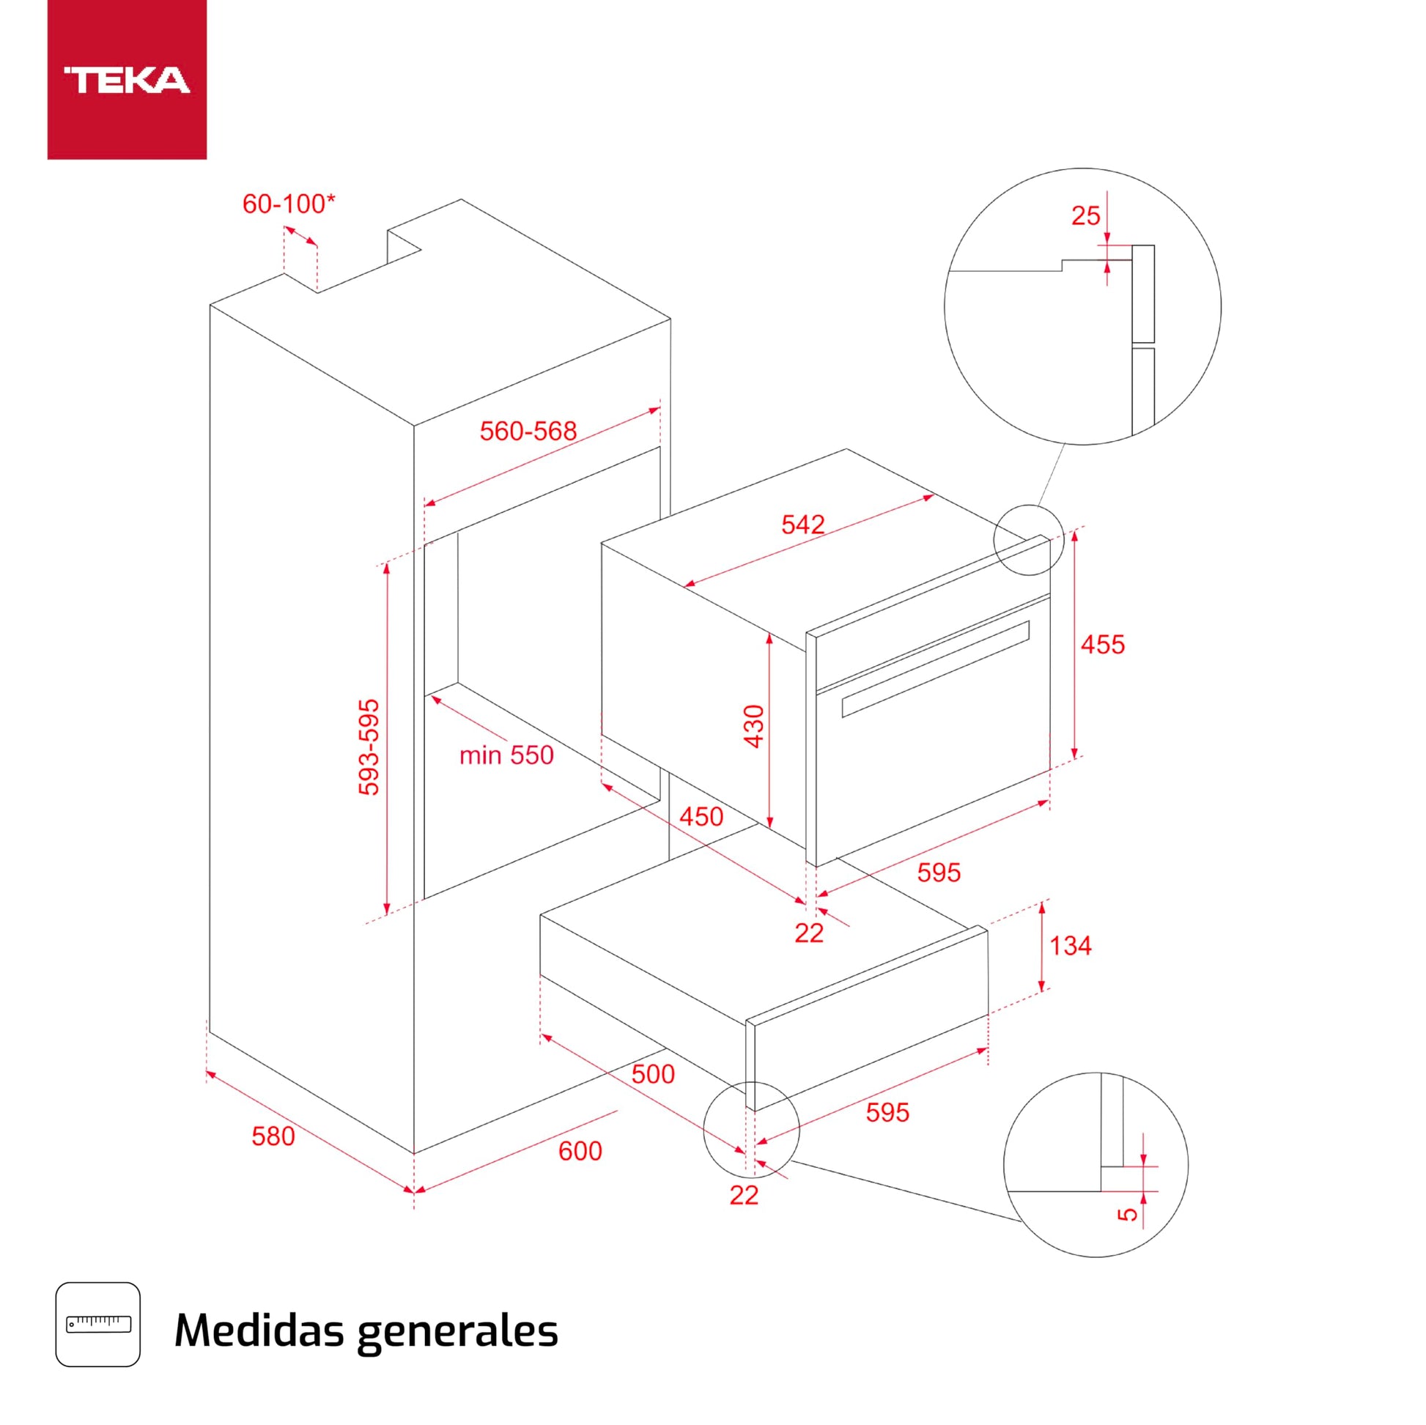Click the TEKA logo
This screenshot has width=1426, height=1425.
coord(127,80)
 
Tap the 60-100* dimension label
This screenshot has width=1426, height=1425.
coord(289,204)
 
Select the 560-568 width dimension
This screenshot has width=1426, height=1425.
coord(528,431)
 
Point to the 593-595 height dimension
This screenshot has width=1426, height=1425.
coord(369,747)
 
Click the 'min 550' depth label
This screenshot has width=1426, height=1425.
coord(506,755)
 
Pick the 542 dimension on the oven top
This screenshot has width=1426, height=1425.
coord(802,524)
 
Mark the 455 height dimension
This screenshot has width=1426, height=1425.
coord(1103,644)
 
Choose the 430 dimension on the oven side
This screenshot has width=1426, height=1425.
coord(753,726)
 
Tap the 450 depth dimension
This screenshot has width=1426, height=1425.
coord(701,816)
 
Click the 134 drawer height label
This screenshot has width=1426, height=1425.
coord(1071,945)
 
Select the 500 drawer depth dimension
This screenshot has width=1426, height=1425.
coord(652,1074)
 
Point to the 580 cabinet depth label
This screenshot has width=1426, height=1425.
coord(273,1136)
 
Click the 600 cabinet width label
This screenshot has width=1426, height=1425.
coord(580,1150)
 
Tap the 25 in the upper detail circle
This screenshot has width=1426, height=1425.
coord(1085,215)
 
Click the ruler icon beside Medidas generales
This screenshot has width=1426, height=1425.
coord(98,1324)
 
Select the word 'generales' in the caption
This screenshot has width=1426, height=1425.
coord(457,1330)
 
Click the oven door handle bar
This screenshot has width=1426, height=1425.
coord(935,669)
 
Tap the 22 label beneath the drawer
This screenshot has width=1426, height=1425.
coord(743,1195)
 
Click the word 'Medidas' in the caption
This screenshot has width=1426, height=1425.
coord(259,1329)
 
